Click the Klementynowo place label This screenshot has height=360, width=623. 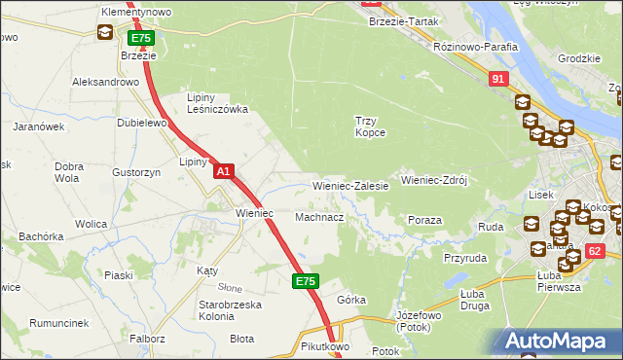[x=136, y=12]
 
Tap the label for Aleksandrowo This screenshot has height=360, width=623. [x=106, y=83]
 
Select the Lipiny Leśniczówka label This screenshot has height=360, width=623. [x=217, y=103]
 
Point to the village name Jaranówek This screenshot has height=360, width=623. [x=38, y=126]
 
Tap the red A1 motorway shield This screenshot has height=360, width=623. [x=223, y=171]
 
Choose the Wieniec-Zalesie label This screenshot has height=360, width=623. [x=350, y=185]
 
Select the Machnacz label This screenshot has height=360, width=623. [x=319, y=217]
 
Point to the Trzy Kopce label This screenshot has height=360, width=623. [x=370, y=126]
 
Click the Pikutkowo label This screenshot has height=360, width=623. [x=325, y=345]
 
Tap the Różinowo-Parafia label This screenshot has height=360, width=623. [x=447, y=46]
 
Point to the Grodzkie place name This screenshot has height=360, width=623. [x=578, y=57]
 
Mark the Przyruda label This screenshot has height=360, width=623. [x=464, y=258]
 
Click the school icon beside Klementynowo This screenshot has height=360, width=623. [x=104, y=33]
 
